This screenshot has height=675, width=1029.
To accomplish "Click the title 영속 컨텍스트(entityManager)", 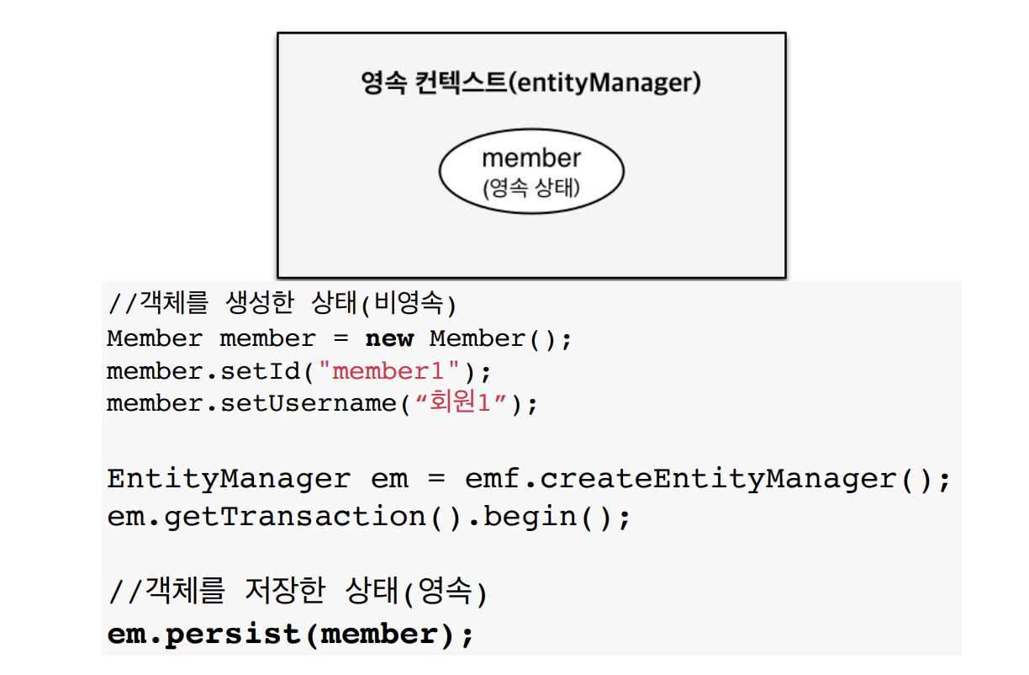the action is [530, 82].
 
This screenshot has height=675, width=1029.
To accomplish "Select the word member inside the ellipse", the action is [530, 157].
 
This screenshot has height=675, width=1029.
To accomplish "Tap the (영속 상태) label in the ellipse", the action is [530, 187].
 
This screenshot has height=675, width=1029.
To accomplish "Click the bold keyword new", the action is [389, 339].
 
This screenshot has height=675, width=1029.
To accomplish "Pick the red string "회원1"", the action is [460, 403].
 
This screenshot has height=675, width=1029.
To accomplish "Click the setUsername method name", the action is [308, 404].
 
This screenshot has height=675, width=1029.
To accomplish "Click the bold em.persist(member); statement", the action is [291, 633].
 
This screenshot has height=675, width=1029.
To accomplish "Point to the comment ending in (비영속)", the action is [282, 302].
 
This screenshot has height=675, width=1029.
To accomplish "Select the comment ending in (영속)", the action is [298, 592].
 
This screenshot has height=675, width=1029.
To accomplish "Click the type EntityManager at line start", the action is [229, 479].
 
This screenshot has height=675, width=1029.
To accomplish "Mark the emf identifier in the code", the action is [493, 479].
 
